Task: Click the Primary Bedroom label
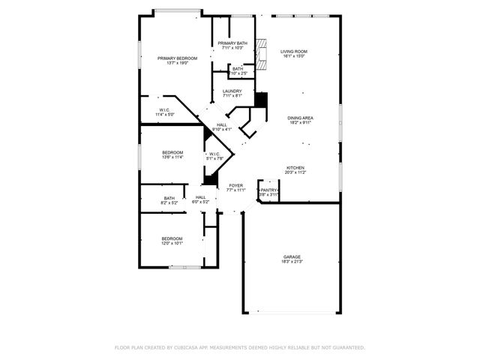[177, 58]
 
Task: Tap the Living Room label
[294, 51]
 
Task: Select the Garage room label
[292, 256]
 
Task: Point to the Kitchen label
[295, 167]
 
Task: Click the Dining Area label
[300, 118]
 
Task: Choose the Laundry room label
[232, 91]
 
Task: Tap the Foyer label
[236, 184]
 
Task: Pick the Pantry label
[268, 190]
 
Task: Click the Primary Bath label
[232, 43]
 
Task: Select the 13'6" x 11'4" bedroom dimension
[172, 157]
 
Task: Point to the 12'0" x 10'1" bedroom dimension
[172, 244]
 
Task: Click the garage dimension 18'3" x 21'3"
[292, 262]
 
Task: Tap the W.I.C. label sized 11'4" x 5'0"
[164, 115]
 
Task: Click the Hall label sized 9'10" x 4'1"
[222, 130]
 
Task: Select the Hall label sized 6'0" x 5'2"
[200, 202]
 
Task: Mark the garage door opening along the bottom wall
[292, 312]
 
